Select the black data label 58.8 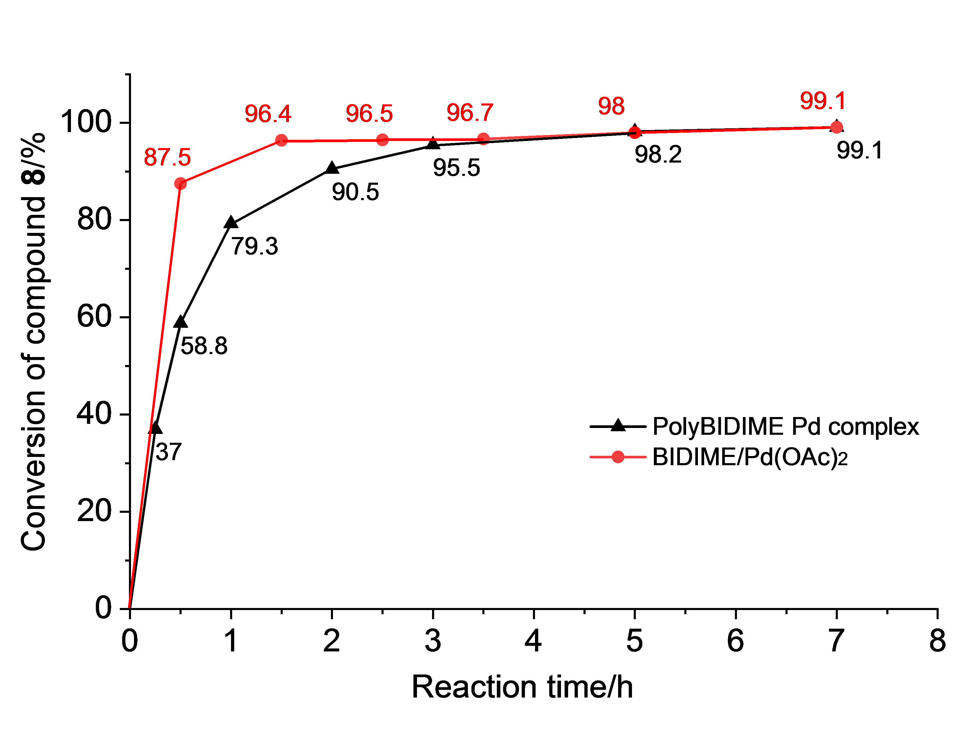point(204,346)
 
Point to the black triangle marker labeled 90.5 point(332,168)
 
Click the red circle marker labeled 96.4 point(282,140)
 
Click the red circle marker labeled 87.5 point(180,184)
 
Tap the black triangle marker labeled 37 point(156,428)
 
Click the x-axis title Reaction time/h point(522,687)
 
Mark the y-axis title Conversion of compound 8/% point(34,342)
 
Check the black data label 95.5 point(456,168)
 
